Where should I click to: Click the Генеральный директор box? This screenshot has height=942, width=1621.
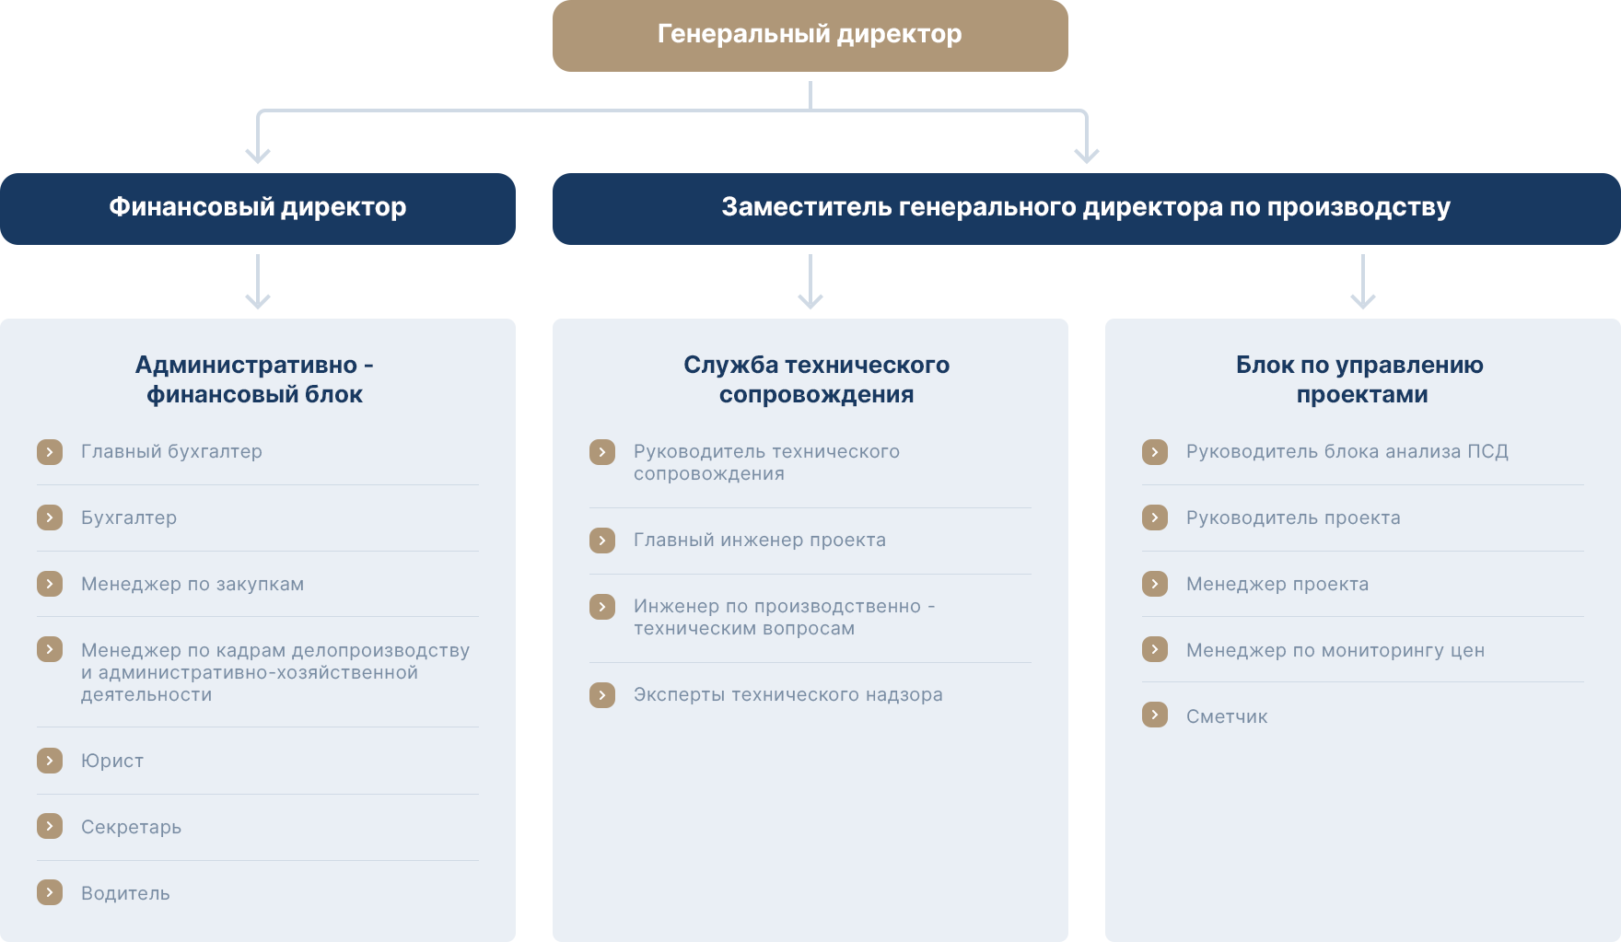click(x=810, y=35)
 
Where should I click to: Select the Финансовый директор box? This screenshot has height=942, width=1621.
click(x=258, y=208)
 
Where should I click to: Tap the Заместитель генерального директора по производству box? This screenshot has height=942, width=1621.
click(x=1087, y=208)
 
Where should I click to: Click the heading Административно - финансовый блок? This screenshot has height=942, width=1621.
click(x=255, y=379)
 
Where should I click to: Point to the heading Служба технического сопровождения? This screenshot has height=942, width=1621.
click(x=816, y=379)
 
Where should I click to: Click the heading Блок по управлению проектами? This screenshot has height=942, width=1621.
click(x=1360, y=379)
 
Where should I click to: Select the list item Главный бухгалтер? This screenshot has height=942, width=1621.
click(x=171, y=451)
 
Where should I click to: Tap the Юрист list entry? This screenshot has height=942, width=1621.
click(x=112, y=761)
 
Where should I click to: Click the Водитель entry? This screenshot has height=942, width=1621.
click(x=125, y=893)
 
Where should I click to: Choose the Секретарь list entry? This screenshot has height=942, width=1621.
click(x=131, y=827)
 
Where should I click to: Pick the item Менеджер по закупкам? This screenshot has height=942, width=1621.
click(x=192, y=584)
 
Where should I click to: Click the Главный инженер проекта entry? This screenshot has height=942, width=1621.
click(x=760, y=540)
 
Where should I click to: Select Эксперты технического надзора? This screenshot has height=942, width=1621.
click(x=788, y=694)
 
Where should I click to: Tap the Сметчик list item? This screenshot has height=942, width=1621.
click(x=1227, y=716)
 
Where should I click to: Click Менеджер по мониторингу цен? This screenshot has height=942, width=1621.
click(x=1335, y=650)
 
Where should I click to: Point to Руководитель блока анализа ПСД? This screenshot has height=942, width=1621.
click(x=1347, y=451)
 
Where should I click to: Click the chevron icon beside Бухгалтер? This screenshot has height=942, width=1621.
click(x=50, y=518)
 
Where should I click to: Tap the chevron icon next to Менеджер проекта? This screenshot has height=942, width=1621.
click(x=1155, y=584)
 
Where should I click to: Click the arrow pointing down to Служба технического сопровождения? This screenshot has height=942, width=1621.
click(x=810, y=282)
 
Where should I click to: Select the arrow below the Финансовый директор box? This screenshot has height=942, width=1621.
click(x=258, y=282)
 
